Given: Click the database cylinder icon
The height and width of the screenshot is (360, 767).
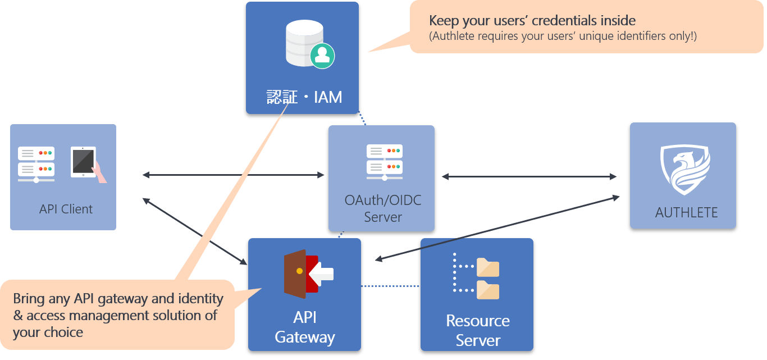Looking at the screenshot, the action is pyautogui.click(x=304, y=43).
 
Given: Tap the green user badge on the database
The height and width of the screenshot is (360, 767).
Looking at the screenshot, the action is pyautogui.click(x=322, y=56).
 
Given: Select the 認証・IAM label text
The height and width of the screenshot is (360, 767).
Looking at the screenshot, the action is pyautogui.click(x=304, y=97).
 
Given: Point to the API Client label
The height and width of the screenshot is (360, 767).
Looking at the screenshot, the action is pyautogui.click(x=66, y=209).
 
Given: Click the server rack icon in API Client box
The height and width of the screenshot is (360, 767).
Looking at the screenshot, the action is pyautogui.click(x=36, y=165).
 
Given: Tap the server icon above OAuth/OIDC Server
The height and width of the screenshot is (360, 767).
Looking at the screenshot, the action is pyautogui.click(x=385, y=162).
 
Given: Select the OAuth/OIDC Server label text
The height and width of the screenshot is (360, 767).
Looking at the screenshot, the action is pyautogui.click(x=383, y=208).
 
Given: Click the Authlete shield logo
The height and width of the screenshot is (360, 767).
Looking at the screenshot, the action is pyautogui.click(x=685, y=170).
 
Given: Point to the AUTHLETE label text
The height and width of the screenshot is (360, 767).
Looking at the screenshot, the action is pyautogui.click(x=686, y=212).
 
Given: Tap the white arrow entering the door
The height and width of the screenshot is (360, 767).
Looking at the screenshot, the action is pyautogui.click(x=321, y=274).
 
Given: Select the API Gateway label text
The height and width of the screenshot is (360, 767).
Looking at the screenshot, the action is pyautogui.click(x=305, y=327).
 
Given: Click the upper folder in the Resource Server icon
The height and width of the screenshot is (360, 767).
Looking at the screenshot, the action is pyautogui.click(x=488, y=267).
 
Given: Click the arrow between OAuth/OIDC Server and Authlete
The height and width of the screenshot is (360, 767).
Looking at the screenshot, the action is pyautogui.click(x=529, y=177).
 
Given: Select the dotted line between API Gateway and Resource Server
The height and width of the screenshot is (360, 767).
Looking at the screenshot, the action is pyautogui.click(x=390, y=286).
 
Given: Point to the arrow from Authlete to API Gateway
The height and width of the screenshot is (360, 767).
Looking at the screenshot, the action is pyautogui.click(x=497, y=229).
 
